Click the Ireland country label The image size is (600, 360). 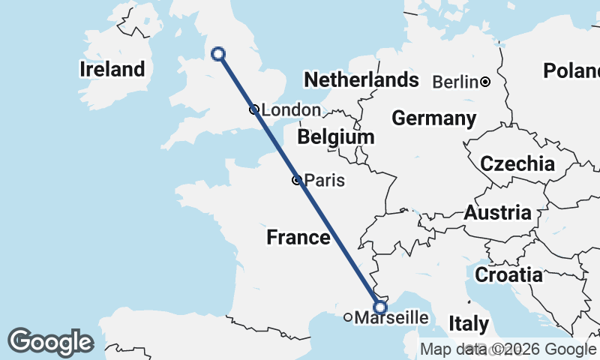pyautogui.click(x=112, y=70)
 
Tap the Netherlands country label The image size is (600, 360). pyautogui.click(x=361, y=79)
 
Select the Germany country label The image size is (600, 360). pyautogui.click(x=433, y=118)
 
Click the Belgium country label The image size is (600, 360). pyautogui.click(x=335, y=138)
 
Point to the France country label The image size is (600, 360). pyautogui.click(x=298, y=238)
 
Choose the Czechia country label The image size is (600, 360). pyautogui.click(x=517, y=163)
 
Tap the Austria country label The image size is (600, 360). pyautogui.click(x=498, y=213)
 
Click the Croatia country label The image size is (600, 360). pyautogui.click(x=509, y=274)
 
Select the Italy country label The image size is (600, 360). pyautogui.click(x=469, y=325)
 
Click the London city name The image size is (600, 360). pyautogui.click(x=290, y=110)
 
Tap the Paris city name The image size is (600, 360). pyautogui.click(x=325, y=181)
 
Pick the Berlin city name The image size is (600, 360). pyautogui.click(x=455, y=82)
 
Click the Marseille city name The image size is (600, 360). pyautogui.click(x=391, y=318)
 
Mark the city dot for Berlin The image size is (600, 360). pyautogui.click(x=485, y=82)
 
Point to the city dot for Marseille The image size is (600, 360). pyautogui.click(x=348, y=317)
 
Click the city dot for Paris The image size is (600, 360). pyautogui.click(x=297, y=180)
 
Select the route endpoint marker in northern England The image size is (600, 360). pyautogui.click(x=218, y=53)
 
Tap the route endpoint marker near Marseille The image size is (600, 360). pyautogui.click(x=380, y=307)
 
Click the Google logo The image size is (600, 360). pyautogui.click(x=50, y=342)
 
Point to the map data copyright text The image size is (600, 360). pyautogui.click(x=508, y=349)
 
